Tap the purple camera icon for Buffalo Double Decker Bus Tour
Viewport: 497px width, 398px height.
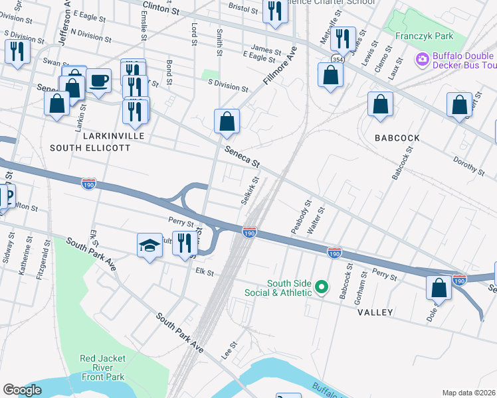click(421, 60)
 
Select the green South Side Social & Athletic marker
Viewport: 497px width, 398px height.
click(322, 287)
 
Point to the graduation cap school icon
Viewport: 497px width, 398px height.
click(149, 245)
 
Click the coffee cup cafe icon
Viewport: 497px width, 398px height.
click(98, 81)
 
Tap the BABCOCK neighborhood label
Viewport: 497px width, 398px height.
click(397, 138)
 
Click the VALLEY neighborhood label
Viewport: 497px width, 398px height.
click(375, 312)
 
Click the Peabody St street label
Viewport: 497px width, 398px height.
click(300, 217)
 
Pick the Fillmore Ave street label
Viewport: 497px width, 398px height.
click(279, 66)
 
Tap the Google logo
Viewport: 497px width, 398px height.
click(22, 390)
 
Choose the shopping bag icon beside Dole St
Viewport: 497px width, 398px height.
click(439, 288)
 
